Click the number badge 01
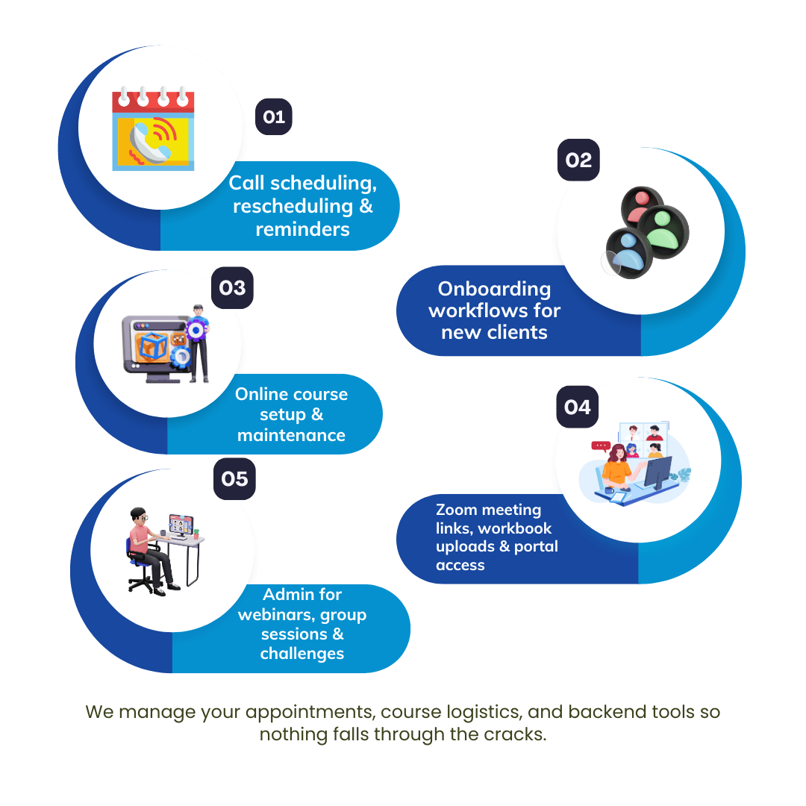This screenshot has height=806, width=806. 274,117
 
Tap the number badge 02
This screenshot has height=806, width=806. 578,160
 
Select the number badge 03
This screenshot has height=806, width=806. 232,288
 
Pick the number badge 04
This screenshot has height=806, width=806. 577,407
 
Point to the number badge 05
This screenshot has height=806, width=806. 234,478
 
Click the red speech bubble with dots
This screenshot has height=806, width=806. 601,446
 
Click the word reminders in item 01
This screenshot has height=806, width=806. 302,229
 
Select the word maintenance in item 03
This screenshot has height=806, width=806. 291,435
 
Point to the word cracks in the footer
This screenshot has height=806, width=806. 515,734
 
